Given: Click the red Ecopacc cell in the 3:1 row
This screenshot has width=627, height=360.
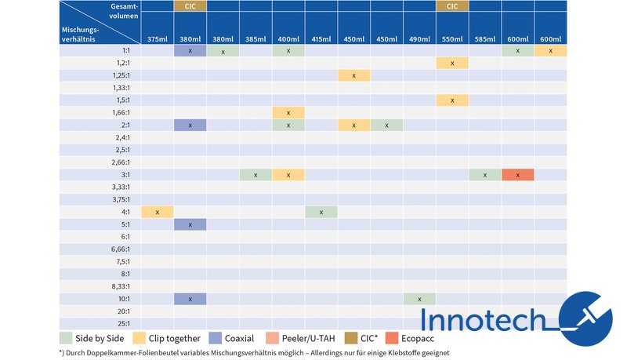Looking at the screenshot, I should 518,175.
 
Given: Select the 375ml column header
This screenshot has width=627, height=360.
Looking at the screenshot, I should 158,39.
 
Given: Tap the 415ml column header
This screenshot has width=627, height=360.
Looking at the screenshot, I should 321,39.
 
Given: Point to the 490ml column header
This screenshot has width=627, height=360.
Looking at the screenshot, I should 420,39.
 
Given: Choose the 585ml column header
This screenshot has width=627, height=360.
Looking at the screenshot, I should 485,39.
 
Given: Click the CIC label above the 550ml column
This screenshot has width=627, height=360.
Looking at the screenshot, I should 452,6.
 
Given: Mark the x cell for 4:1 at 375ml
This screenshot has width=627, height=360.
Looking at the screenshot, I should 158,212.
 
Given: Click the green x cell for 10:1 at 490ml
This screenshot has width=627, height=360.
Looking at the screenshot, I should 420,299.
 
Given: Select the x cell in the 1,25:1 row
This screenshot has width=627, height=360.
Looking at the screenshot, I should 354,75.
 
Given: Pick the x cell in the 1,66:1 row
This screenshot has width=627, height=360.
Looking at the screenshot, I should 289,113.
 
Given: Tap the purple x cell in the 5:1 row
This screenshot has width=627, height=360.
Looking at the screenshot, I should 190,224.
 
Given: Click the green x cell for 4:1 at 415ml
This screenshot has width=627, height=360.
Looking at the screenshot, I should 321,212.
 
